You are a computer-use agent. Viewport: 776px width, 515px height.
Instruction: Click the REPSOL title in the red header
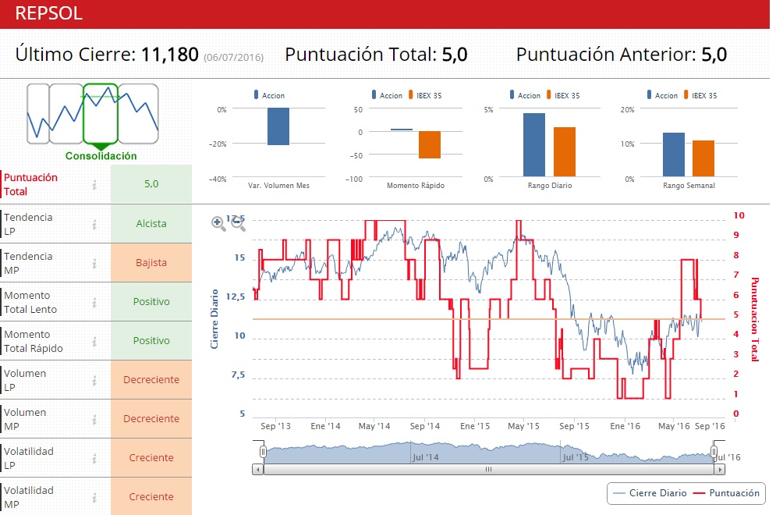(x=49, y=13)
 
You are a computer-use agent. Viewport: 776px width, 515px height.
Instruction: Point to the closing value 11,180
(x=169, y=55)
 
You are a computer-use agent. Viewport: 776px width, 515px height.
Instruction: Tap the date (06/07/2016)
(x=233, y=58)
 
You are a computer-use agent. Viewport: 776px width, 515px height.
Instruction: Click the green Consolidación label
(x=101, y=156)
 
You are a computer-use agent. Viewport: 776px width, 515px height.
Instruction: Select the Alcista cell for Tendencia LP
(x=151, y=224)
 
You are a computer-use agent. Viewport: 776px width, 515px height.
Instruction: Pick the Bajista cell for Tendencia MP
(x=151, y=263)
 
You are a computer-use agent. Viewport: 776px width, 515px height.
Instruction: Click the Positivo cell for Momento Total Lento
(x=151, y=302)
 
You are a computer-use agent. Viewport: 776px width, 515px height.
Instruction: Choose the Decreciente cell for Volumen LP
(x=151, y=380)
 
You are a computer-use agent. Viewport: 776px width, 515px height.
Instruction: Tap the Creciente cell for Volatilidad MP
(x=151, y=497)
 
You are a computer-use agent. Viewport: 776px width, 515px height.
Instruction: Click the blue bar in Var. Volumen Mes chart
(x=278, y=126)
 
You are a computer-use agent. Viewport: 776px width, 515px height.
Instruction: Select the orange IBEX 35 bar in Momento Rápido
(x=430, y=144)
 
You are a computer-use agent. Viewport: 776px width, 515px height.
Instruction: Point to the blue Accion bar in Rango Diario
(x=534, y=145)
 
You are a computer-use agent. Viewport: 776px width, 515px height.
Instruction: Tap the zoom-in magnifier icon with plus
(x=218, y=224)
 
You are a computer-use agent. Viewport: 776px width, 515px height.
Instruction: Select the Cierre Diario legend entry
(x=650, y=493)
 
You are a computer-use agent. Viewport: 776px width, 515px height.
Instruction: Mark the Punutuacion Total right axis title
(x=754, y=319)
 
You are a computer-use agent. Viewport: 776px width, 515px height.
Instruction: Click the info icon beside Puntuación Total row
(x=94, y=185)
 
